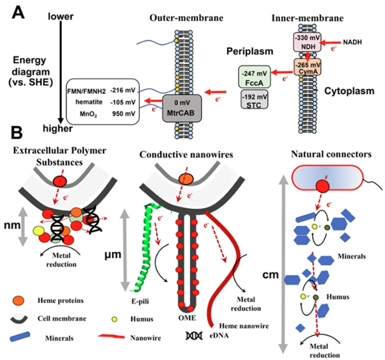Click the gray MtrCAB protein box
[182, 109]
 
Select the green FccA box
[255, 77]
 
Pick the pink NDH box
[308, 42]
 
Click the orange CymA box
[308, 67]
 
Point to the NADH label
[352, 42]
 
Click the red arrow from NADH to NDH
[331, 42]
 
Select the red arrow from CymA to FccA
[282, 72]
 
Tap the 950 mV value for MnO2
[124, 114]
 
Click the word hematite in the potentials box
[89, 102]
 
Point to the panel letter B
[17, 133]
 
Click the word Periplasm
[250, 52]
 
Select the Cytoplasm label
[349, 91]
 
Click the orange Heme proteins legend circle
[18, 300]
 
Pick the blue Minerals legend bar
[20, 336]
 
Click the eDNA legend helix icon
[194, 336]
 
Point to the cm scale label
[271, 275]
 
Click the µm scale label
[113, 255]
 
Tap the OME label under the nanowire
[187, 318]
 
